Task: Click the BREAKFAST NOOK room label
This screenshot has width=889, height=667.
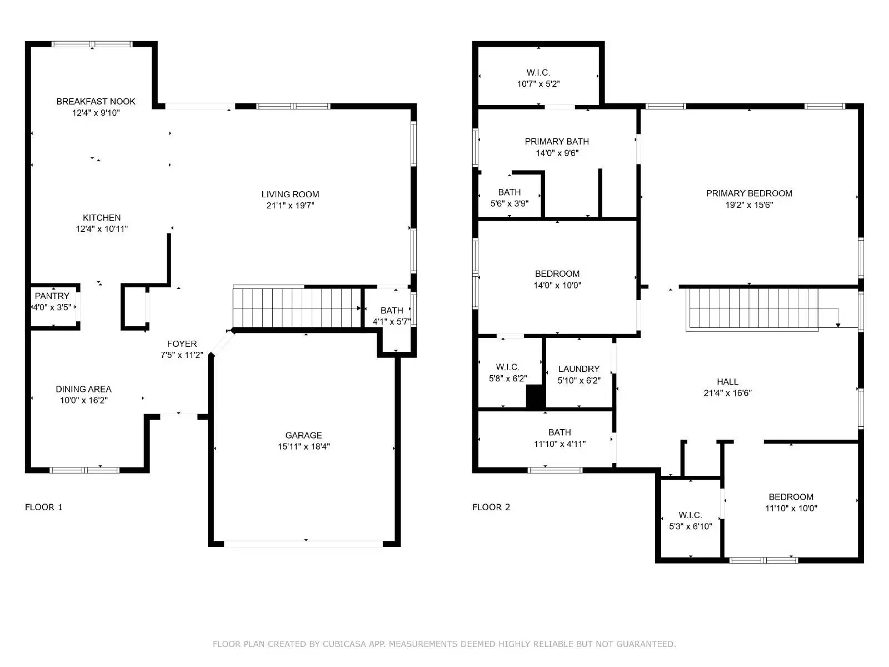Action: [x=96, y=101]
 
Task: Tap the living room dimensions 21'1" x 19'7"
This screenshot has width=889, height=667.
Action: [x=290, y=206]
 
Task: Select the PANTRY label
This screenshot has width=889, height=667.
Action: [x=52, y=296]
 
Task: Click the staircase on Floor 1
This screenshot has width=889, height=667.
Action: [x=297, y=307]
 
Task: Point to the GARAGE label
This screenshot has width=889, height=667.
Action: [x=303, y=435]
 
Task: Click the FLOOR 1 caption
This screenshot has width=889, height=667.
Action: [x=44, y=507]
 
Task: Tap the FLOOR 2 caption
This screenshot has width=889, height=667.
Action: [x=491, y=507]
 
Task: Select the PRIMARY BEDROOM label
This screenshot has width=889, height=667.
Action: [x=749, y=193]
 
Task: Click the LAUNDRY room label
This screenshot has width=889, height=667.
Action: [x=579, y=369]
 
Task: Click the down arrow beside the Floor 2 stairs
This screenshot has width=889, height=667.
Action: [x=838, y=324]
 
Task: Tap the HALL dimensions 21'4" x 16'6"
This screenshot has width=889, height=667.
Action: [x=727, y=393]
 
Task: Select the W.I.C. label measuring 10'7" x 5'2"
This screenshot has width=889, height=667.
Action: [x=538, y=73]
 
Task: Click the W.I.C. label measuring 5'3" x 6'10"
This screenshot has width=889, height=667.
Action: [x=690, y=515]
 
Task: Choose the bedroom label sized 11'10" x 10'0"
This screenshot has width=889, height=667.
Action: [x=791, y=497]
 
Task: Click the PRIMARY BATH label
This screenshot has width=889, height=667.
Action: [x=557, y=142]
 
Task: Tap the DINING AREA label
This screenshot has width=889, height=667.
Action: [x=83, y=389]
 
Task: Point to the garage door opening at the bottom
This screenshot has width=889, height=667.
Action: [x=303, y=543]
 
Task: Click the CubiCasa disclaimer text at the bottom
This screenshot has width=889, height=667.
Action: [x=444, y=644]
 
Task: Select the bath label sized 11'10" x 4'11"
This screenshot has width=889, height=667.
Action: [x=560, y=432]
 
